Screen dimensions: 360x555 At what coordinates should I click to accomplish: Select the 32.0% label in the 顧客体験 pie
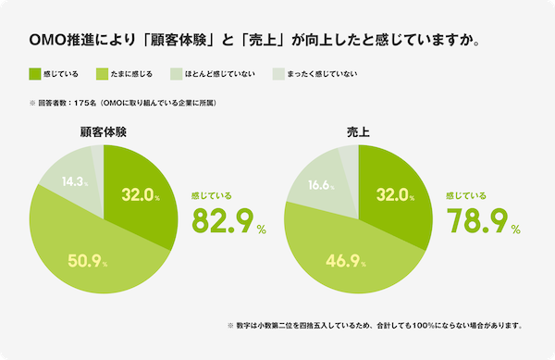tap(141, 195)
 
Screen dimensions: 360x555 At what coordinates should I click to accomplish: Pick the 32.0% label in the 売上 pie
tap(394, 195)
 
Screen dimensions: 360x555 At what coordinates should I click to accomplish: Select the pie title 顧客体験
tap(104, 133)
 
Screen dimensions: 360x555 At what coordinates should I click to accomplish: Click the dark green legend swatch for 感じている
tap(35, 73)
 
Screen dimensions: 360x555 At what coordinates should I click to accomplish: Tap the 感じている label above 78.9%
tap(466, 196)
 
